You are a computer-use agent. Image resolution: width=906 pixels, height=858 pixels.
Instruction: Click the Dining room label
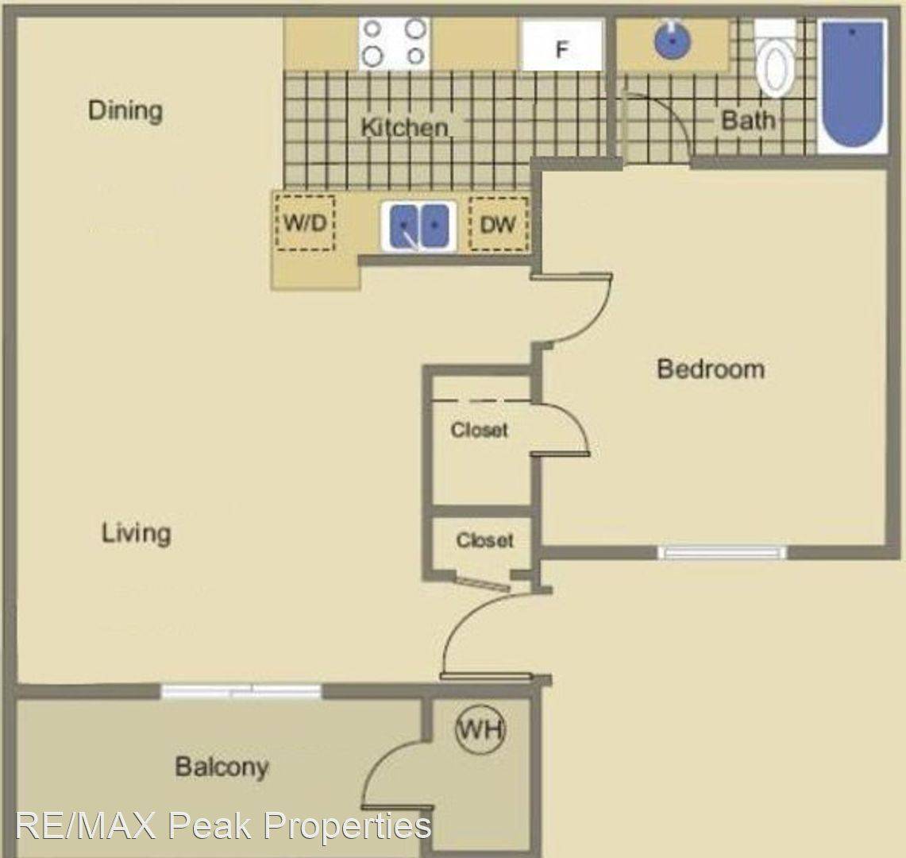pyautogui.click(x=125, y=110)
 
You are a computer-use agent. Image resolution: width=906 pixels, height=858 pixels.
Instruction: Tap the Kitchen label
pyautogui.click(x=404, y=127)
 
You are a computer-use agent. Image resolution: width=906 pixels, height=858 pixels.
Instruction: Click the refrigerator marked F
pyautogui.click(x=561, y=47)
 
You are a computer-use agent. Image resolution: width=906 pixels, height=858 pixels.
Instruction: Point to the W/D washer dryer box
pyautogui.click(x=306, y=223)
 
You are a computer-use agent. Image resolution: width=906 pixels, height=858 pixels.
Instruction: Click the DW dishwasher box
pyautogui.click(x=498, y=225)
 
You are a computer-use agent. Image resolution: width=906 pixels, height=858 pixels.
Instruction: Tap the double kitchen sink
pyautogui.click(x=418, y=226)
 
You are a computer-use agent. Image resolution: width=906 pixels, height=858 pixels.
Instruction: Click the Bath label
pyautogui.click(x=747, y=121)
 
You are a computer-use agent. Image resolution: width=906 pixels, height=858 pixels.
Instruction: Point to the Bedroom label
pyautogui.click(x=711, y=369)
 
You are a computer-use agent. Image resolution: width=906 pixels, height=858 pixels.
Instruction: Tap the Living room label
pyautogui.click(x=136, y=532)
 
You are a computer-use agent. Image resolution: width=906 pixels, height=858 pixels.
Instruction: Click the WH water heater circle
pyautogui.click(x=480, y=729)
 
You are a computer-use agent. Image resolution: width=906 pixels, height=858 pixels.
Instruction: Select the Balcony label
pyautogui.click(x=222, y=767)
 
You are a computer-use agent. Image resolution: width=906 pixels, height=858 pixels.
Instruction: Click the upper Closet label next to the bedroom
pyautogui.click(x=479, y=430)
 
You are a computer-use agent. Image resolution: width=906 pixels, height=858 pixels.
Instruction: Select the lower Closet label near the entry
pyautogui.click(x=484, y=540)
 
